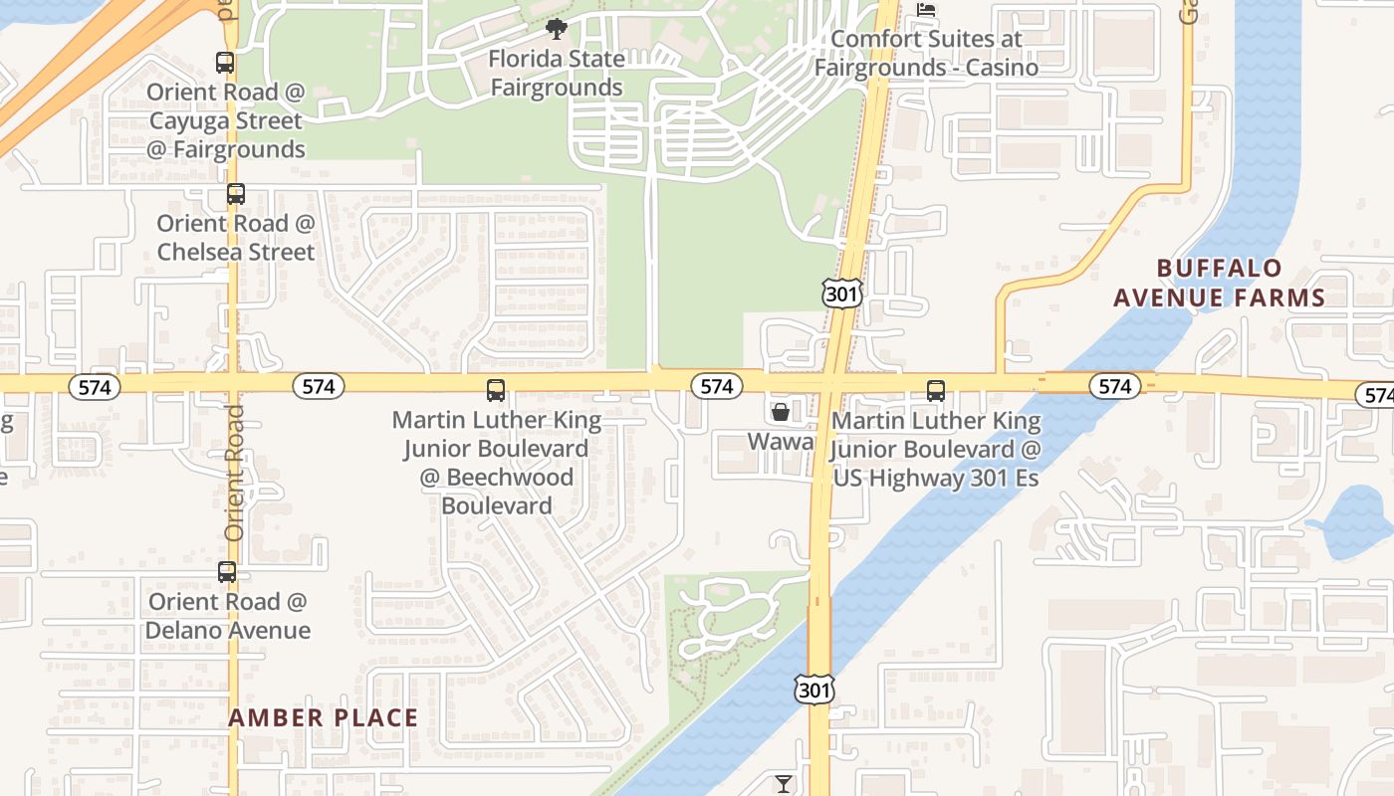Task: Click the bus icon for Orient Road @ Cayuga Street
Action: [225, 63]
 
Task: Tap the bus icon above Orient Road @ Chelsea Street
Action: [235, 194]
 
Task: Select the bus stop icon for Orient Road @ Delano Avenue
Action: [227, 572]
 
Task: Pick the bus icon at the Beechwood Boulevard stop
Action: [495, 390]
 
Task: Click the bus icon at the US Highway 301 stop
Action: [935, 390]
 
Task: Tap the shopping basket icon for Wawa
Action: [781, 411]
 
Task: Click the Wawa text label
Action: [781, 441]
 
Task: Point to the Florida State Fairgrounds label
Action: [557, 74]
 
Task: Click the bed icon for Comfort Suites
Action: [926, 11]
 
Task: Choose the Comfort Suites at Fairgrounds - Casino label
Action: [926, 54]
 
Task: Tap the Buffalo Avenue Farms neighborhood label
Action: [1219, 283]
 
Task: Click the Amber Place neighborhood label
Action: [324, 717]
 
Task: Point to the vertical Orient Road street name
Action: [234, 473]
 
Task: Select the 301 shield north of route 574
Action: [840, 293]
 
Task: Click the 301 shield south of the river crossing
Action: [813, 690]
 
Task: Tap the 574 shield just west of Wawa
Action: [716, 386]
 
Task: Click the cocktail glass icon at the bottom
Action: [784, 783]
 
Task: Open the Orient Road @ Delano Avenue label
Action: [227, 616]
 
